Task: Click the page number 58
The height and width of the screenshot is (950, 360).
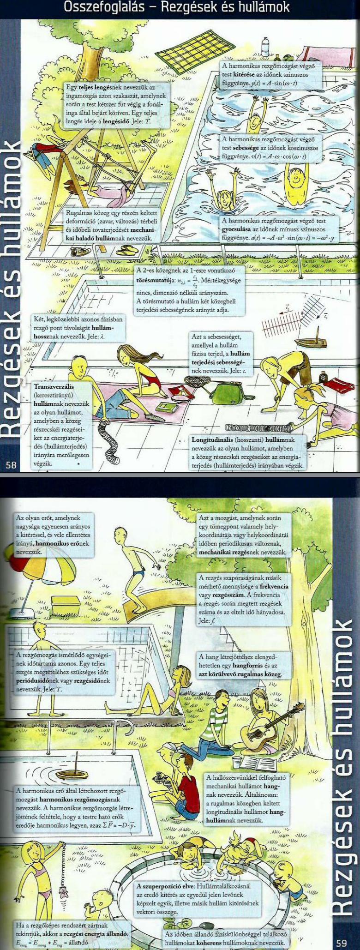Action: click(11, 465)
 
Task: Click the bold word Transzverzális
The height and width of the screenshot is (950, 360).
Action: click(54, 386)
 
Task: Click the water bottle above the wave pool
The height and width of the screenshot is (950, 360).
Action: click(265, 47)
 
